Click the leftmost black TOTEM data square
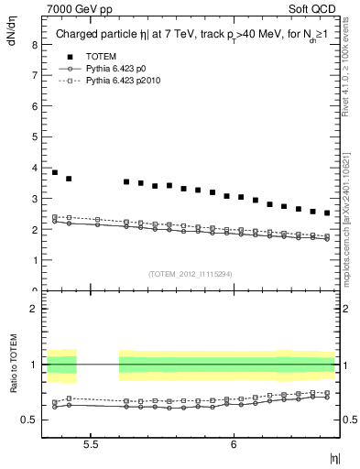pyautogui.click(x=55, y=172)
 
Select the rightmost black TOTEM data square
pyautogui.click(x=327, y=213)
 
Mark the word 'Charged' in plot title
pyautogui.click(x=78, y=36)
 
